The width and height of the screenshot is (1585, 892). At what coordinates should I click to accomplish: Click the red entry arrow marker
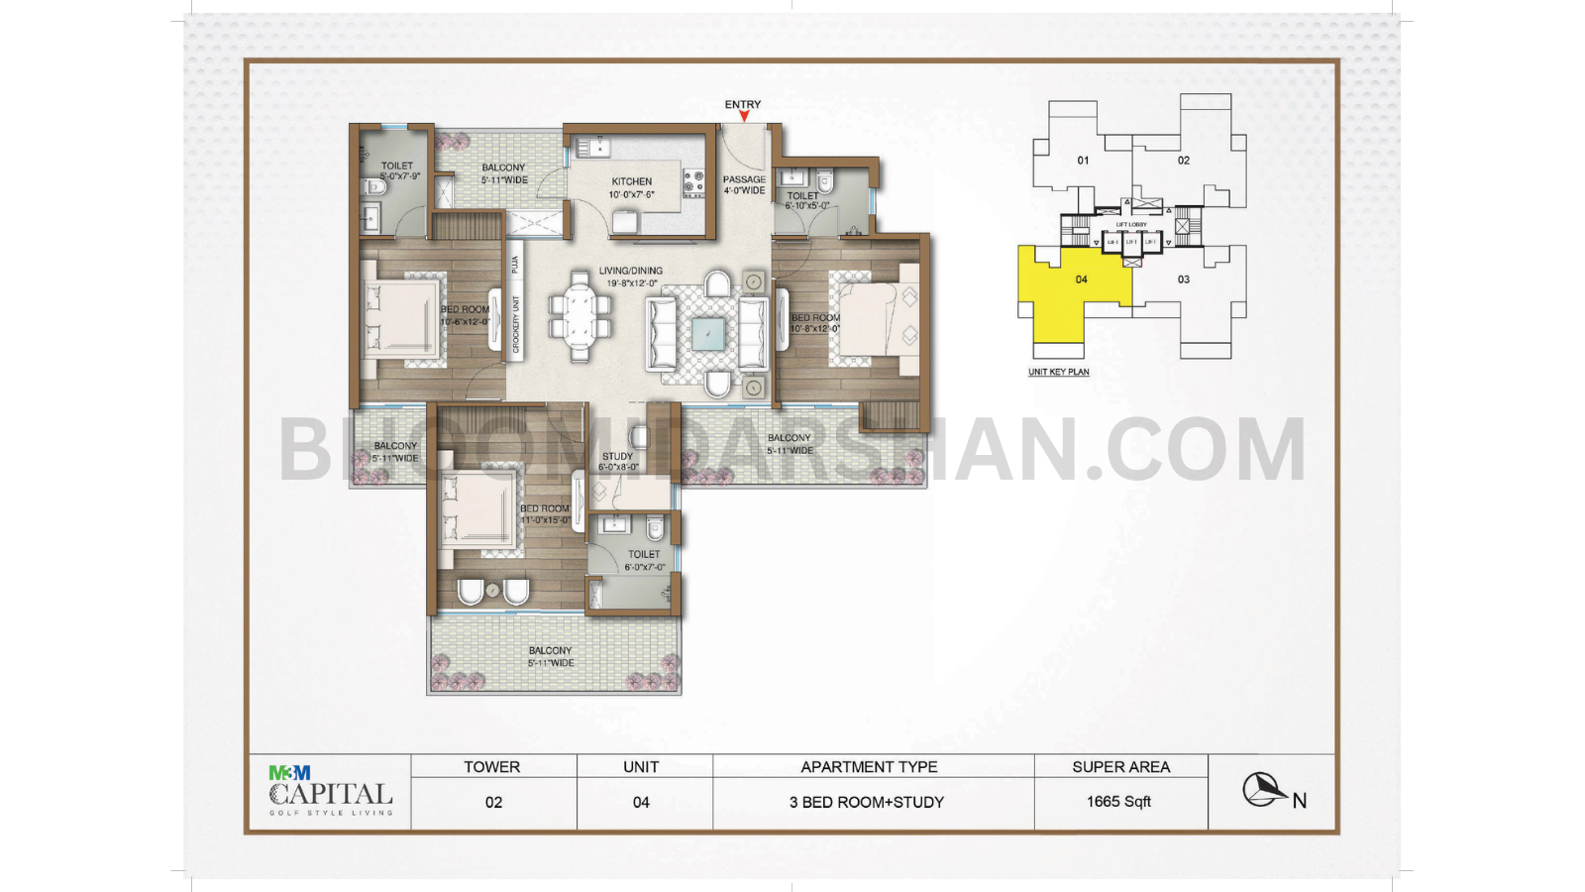pyautogui.click(x=744, y=117)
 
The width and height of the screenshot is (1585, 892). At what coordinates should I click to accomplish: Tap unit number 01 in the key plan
pyautogui.click(x=1083, y=161)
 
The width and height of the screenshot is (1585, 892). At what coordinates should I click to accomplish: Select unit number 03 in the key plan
pyautogui.click(x=1184, y=279)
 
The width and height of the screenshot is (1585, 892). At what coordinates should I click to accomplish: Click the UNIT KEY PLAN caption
pyautogui.click(x=1058, y=373)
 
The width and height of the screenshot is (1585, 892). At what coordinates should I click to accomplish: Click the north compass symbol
pyautogui.click(x=1264, y=790)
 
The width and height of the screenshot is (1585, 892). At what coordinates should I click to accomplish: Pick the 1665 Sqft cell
pyautogui.click(x=1119, y=802)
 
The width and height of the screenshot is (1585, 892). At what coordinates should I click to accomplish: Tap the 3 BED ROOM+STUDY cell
pyautogui.click(x=867, y=803)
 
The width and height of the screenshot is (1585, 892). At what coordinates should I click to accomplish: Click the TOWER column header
pyautogui.click(x=492, y=767)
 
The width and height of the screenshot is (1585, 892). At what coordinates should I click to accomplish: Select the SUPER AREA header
pyautogui.click(x=1120, y=767)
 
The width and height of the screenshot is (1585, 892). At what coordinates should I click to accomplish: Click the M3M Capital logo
pyautogui.click(x=331, y=792)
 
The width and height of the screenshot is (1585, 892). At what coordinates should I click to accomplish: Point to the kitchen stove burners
pyautogui.click(x=693, y=182)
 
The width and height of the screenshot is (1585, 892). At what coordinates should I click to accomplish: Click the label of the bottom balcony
pyautogui.click(x=551, y=657)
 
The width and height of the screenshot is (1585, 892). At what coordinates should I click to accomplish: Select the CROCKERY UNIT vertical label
pyautogui.click(x=516, y=323)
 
